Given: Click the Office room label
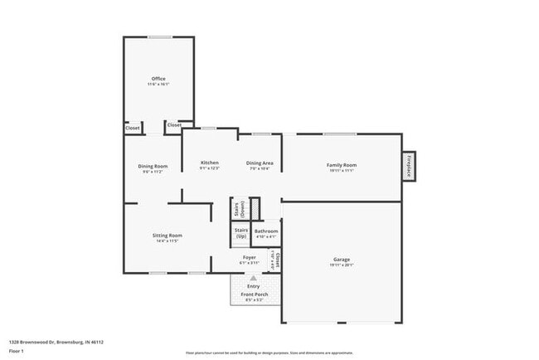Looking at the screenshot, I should (158, 79).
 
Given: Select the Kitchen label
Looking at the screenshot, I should (209, 163).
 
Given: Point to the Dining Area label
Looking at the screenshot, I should (259, 163).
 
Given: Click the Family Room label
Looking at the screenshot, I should (341, 165).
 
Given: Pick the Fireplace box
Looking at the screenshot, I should (409, 166).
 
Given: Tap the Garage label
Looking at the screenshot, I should (341, 260).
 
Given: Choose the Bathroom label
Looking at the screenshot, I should (266, 231).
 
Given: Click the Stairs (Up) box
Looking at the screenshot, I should (241, 233).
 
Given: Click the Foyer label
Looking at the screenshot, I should (249, 257).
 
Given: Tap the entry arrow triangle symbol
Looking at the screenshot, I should (253, 279).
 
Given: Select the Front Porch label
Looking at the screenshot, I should (253, 294).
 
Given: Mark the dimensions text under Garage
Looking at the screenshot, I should (341, 265).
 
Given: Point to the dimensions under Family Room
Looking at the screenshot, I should (341, 171).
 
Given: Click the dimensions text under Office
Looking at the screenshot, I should (158, 85).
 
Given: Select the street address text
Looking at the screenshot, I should (56, 341).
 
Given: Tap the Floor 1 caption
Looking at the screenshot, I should (17, 351).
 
